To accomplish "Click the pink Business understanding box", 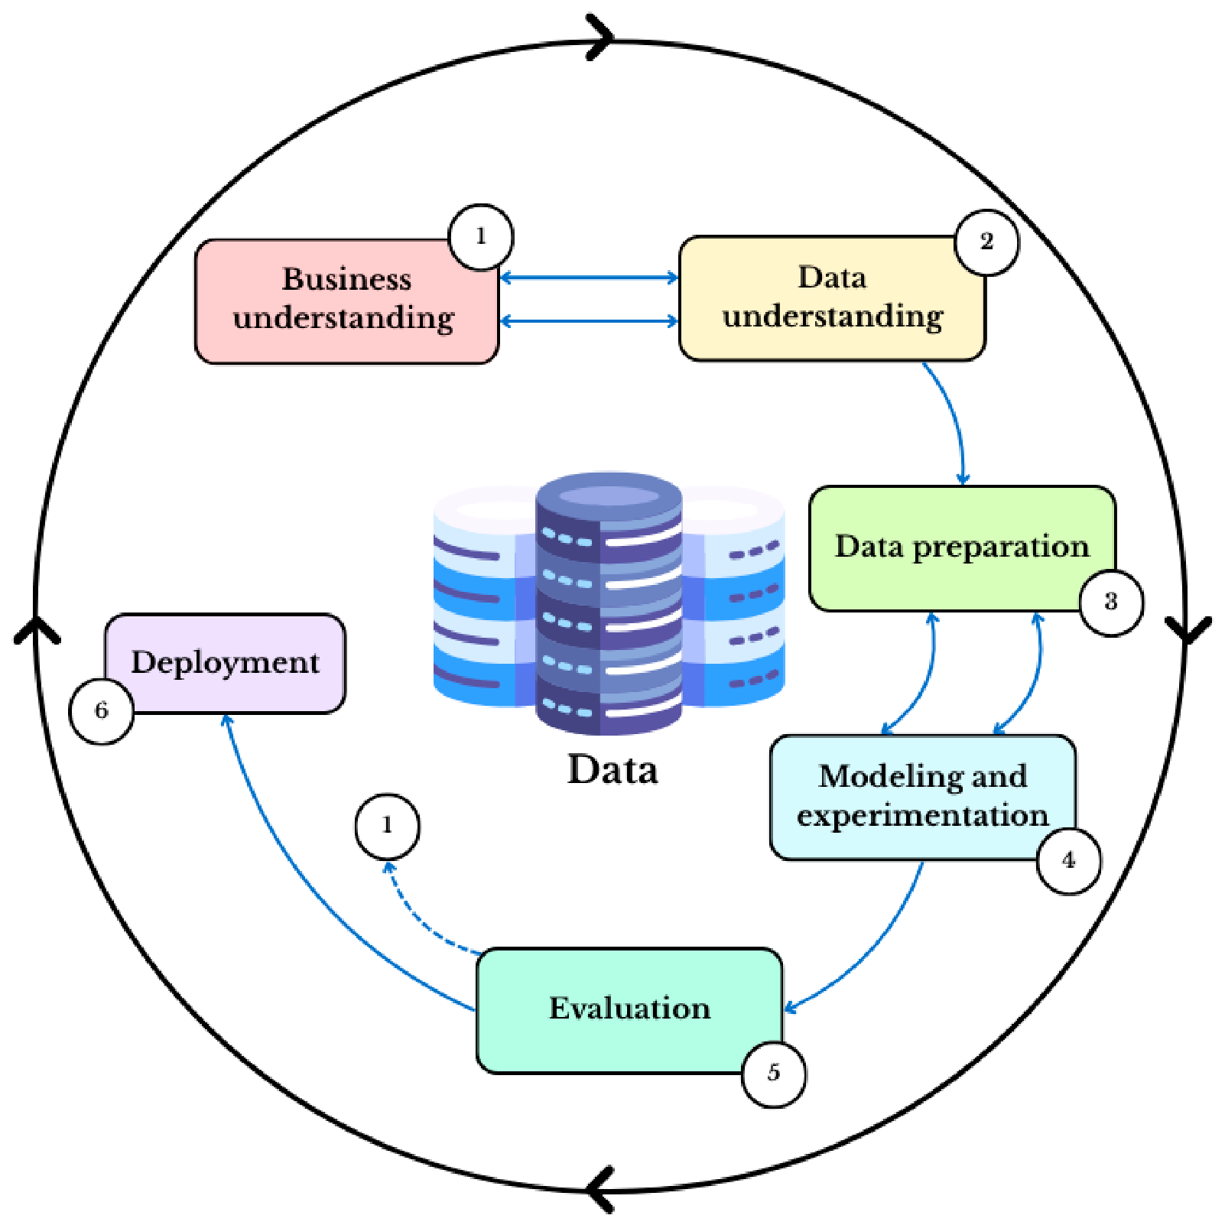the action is point(347,301).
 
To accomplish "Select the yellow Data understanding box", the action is point(832,298).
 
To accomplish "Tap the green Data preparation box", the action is point(962,548).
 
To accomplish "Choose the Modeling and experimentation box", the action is point(923,798).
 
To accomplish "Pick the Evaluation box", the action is point(629,1011).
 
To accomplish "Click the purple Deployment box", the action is point(225,664).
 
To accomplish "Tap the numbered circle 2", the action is point(986,242).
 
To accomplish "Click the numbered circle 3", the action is point(1111,603).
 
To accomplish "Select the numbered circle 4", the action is point(1069,861).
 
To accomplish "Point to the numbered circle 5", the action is point(774,1074).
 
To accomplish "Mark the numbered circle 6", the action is point(102,711).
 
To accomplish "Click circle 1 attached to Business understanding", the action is point(481,237).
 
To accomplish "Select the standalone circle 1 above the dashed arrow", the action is point(387,826).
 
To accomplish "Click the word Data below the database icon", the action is point(612,769).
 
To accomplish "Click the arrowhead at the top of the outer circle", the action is point(601,36).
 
